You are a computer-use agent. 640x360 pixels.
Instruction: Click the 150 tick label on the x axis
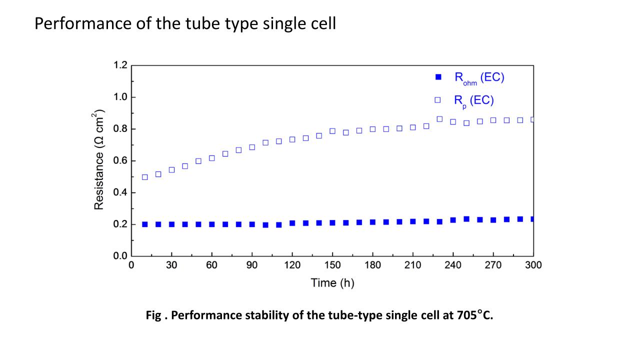[332, 265]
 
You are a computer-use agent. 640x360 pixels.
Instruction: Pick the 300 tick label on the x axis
[533, 265]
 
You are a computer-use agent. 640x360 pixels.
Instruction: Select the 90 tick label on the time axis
[252, 265]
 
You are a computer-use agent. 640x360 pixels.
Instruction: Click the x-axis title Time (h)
[332, 283]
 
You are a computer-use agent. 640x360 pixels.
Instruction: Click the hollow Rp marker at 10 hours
[145, 177]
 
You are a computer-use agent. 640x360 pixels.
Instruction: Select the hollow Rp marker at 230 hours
[439, 119]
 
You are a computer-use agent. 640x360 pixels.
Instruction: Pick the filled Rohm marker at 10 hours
[145, 224]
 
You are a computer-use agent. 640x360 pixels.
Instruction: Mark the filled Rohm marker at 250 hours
[466, 219]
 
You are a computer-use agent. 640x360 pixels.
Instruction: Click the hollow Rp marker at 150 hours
[332, 131]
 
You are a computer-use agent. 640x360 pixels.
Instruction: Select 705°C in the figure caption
[474, 315]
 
